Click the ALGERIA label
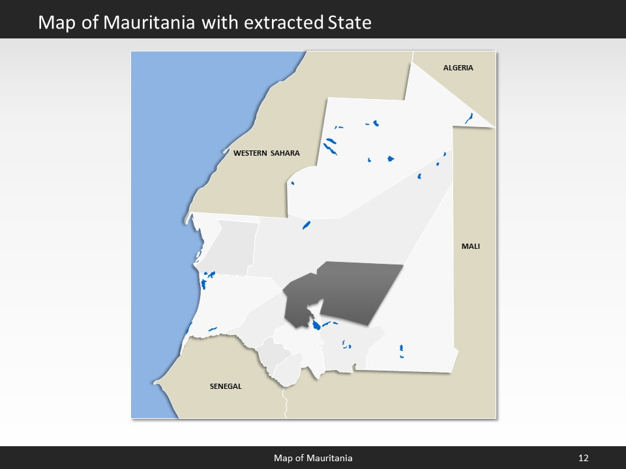(x=458, y=68)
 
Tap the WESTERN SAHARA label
(x=266, y=153)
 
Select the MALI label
(x=470, y=246)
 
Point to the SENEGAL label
(x=226, y=386)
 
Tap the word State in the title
(x=348, y=23)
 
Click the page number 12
(x=583, y=458)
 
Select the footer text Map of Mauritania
(x=313, y=458)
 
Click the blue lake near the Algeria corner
(x=469, y=118)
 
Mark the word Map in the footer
(x=283, y=458)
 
